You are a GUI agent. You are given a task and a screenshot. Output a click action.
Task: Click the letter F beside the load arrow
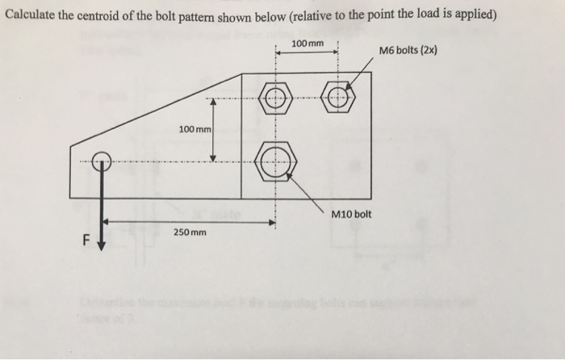coord(81,239)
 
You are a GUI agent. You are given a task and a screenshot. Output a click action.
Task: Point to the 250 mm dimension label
coord(190,232)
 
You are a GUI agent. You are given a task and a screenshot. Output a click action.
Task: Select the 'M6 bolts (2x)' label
coord(408,52)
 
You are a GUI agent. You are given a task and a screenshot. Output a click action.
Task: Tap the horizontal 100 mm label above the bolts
coord(307,43)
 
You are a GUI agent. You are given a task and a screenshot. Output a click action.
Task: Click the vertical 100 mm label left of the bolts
coord(195,129)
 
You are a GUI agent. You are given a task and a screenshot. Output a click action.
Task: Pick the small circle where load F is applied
coord(101,161)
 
